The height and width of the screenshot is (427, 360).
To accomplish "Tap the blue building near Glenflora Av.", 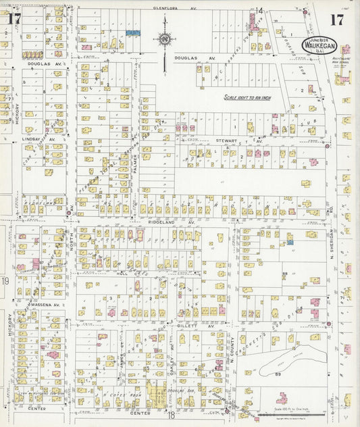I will coord(133,32).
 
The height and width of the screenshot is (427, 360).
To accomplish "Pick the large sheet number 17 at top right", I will coord(336,20).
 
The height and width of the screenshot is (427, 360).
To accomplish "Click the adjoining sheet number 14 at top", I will coord(259,11).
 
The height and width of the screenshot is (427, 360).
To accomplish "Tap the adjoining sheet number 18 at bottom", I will coord(172,416).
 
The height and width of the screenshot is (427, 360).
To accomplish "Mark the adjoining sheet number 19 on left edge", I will coord(5,280).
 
